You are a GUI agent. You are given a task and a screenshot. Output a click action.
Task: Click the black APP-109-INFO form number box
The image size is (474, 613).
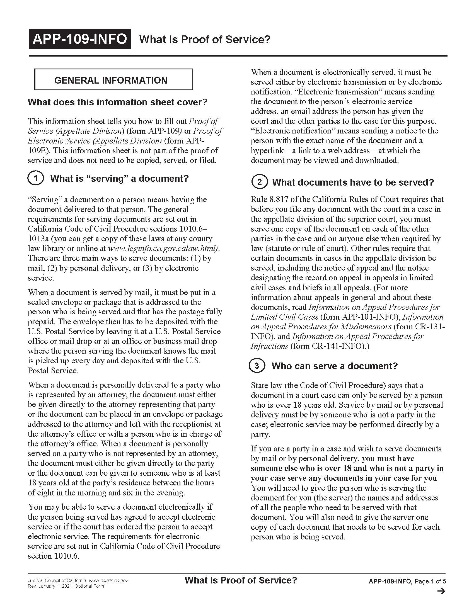click(x=80, y=39)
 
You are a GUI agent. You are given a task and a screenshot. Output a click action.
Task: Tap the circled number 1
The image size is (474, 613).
click(x=36, y=178)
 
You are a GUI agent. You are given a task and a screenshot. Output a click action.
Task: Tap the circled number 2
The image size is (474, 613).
click(x=260, y=182)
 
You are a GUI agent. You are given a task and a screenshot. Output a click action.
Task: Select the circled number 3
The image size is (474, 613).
click(x=257, y=366)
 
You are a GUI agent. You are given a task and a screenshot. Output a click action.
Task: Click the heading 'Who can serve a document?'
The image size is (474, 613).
click(x=334, y=366)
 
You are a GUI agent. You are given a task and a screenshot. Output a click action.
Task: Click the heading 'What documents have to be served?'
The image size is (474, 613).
click(x=353, y=182)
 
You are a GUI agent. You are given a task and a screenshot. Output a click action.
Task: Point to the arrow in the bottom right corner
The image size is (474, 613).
click(x=441, y=591)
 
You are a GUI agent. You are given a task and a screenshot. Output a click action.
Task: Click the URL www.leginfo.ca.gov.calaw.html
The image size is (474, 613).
click(x=163, y=248)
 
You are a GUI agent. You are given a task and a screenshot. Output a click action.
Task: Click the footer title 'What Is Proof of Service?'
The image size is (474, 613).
click(x=241, y=580)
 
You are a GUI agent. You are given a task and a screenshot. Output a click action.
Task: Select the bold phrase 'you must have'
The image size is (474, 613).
click(x=388, y=458)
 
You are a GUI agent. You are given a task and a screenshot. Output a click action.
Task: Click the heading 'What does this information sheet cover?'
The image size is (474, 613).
click(x=117, y=102)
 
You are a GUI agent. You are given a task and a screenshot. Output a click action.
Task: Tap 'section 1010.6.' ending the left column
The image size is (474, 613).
click(x=54, y=556)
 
